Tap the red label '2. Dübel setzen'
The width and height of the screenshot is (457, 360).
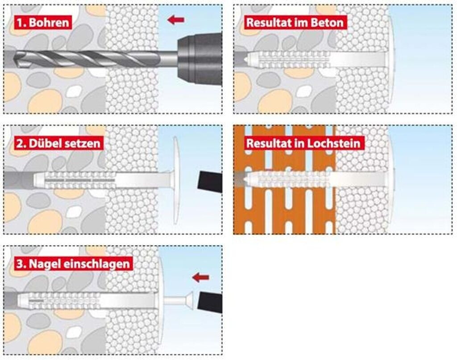tap(58, 143)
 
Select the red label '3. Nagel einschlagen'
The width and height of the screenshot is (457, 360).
tap(72, 263)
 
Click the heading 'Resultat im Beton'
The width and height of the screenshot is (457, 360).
tap(295, 22)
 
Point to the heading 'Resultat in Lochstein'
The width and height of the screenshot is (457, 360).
tap(304, 143)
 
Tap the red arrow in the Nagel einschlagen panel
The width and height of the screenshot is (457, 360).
tap(200, 277)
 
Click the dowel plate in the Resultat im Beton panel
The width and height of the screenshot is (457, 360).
tap(391, 58)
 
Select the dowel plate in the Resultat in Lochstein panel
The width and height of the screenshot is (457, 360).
tap(391, 178)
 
